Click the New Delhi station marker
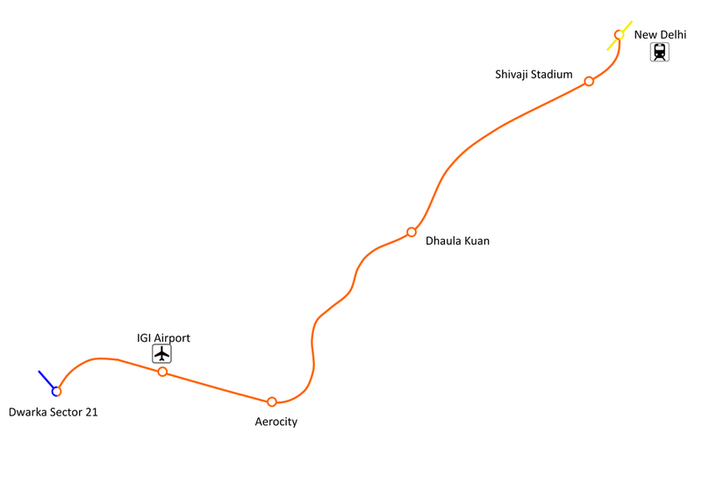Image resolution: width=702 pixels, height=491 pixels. (x=619, y=35)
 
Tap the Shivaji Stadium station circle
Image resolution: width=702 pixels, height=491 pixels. (x=589, y=81)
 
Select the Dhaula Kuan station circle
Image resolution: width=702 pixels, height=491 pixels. (x=411, y=232)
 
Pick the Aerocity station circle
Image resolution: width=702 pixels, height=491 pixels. (x=272, y=401)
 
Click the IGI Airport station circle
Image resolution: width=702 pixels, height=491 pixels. (x=162, y=372)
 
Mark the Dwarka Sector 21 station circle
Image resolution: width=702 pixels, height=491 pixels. (x=56, y=391)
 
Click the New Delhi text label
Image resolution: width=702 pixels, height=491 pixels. (x=660, y=34)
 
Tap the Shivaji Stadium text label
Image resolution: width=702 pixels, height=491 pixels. (x=534, y=75)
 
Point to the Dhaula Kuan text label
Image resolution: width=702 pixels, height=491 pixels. (x=457, y=241)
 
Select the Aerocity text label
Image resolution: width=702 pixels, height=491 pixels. (x=276, y=422)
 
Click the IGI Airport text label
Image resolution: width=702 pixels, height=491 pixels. (x=163, y=337)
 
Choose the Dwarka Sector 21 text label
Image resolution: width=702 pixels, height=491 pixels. (x=53, y=412)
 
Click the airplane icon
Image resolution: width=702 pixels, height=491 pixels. (x=161, y=353)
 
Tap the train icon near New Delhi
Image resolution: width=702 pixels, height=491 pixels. (x=659, y=53)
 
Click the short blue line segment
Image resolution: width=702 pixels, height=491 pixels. (x=46, y=379)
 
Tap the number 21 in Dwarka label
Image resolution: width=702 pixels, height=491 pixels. (x=90, y=412)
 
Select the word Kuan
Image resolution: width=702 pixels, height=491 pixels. (x=475, y=241)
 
